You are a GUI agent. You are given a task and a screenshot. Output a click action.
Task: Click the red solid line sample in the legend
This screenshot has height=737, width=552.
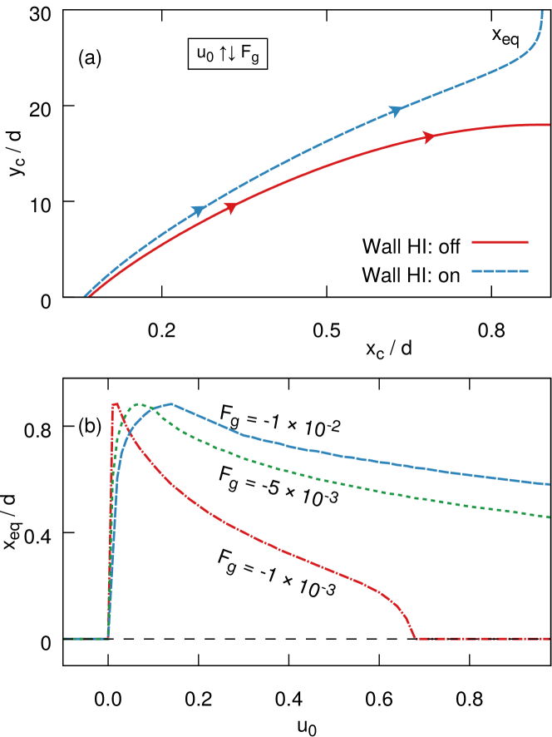click(500, 242)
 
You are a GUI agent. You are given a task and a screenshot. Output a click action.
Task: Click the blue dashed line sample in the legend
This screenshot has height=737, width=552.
click(500, 271)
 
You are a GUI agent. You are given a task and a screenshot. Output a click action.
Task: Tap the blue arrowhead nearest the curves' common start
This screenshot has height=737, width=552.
click(200, 211)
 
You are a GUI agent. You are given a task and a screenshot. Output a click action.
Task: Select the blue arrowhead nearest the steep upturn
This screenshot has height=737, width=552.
click(397, 111)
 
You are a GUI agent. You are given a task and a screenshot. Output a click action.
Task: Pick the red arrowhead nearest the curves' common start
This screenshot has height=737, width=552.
click(231, 207)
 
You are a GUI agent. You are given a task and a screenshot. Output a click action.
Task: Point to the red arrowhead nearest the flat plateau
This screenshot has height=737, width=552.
click(429, 137)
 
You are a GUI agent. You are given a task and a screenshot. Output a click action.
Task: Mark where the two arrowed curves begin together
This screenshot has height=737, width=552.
click(86, 295)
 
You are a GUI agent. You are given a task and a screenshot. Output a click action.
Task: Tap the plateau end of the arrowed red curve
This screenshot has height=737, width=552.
click(549, 125)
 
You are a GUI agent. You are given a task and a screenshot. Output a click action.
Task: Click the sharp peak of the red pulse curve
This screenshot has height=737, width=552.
click(115, 403)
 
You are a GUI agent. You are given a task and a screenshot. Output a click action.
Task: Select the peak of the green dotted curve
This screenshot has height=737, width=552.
click(140, 404)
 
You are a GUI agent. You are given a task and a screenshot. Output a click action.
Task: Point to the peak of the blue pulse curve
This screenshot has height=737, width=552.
click(172, 403)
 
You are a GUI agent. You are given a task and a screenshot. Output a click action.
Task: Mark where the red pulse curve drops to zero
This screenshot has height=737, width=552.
click(415, 638)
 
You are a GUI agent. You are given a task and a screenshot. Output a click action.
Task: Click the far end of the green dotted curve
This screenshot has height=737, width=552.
click(550, 517)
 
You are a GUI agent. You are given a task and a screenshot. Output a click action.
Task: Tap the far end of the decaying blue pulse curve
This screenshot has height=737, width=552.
click(550, 484)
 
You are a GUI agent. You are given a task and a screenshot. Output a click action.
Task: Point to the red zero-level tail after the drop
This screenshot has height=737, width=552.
click(482, 639)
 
